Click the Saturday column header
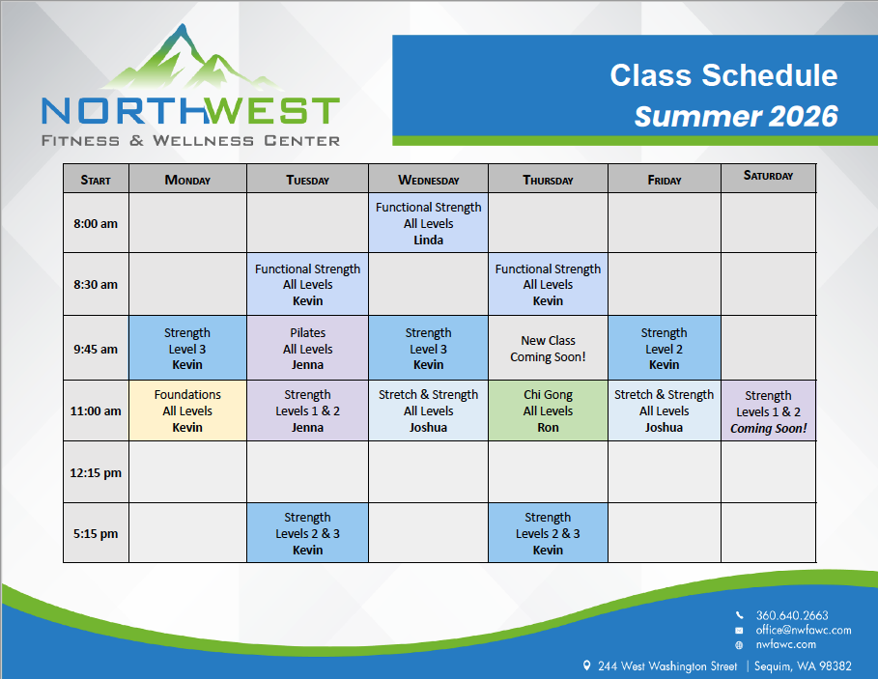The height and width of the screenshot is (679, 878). coord(768,178)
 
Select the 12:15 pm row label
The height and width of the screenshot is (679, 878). coord(96,473)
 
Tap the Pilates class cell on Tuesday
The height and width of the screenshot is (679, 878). coord(307,348)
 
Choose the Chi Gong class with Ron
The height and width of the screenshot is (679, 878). coord(548,410)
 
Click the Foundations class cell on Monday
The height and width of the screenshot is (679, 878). coord(187,410)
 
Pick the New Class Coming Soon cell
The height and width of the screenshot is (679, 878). coord(548,348)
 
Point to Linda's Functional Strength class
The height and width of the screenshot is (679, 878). coord(428,223)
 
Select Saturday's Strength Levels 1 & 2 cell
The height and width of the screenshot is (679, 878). coord(768,410)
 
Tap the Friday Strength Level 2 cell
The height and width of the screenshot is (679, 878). coord(665,348)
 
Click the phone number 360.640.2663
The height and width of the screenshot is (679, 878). coord(792,616)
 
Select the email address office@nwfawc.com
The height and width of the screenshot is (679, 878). coord(804,631)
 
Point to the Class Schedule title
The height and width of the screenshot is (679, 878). coord(723,75)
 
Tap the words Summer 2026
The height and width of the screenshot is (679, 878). coord(736,117)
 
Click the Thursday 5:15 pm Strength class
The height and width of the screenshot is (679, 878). coord(548,533)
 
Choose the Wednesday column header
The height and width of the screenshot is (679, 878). coord(428,179)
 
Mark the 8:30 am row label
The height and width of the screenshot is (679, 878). coord(96,284)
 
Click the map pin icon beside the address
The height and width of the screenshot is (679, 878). coord(586,665)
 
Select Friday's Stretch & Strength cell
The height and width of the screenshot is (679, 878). coord(665,410)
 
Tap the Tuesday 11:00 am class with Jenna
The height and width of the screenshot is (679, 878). coord(307,410)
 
